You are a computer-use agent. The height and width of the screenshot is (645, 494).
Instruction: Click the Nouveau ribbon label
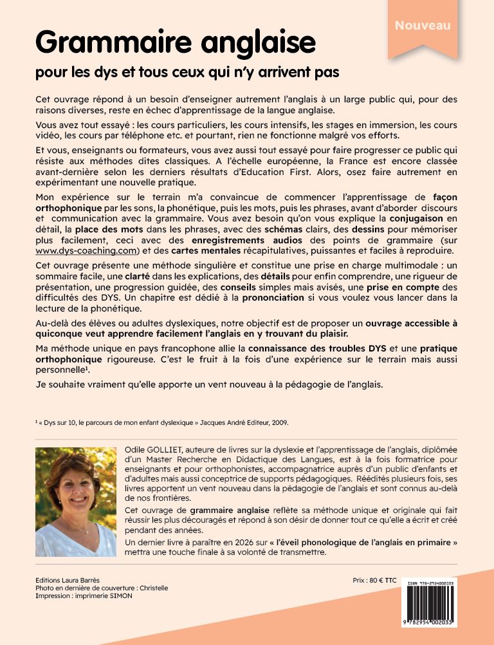coord(423,26)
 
